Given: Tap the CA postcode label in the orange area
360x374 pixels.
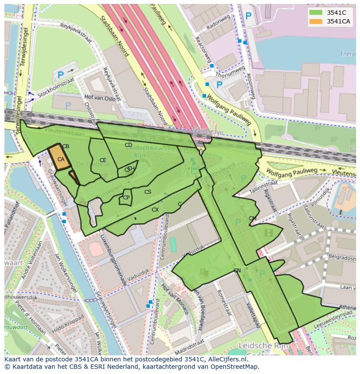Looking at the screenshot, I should pyautogui.click(x=61, y=159).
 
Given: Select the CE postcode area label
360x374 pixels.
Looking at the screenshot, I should pyautogui.click(x=103, y=160).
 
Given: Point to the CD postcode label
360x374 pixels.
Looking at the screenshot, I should pyautogui.click(x=128, y=145).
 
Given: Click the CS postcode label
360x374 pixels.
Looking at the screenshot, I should pyautogui.click(x=148, y=192).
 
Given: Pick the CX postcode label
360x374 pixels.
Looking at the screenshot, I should pyautogui.click(x=155, y=210).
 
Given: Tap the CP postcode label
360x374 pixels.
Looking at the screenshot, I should pyautogui.click(x=126, y=198).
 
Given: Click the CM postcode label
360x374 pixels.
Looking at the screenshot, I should pyautogui.click(x=252, y=218).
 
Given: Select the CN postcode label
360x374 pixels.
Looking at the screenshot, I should pyautogui.click(x=237, y=271).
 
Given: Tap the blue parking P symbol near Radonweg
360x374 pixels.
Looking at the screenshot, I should pyautogui.click(x=248, y=17).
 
